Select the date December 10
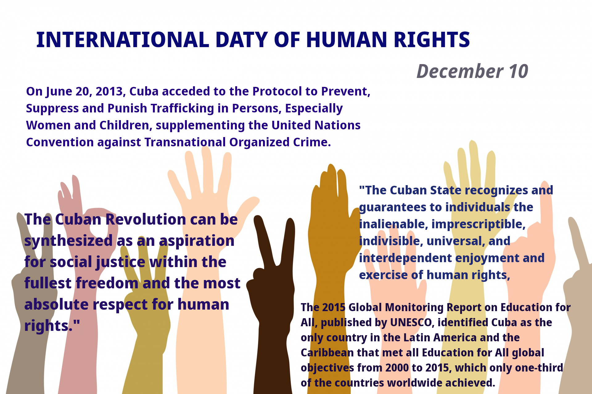click(x=472, y=71)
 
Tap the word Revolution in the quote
click(x=146, y=219)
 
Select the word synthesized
click(x=68, y=241)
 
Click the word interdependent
click(x=405, y=258)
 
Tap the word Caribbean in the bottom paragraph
click(x=327, y=353)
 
